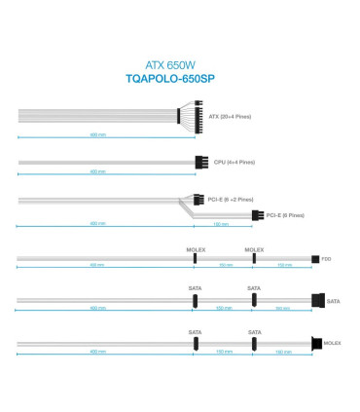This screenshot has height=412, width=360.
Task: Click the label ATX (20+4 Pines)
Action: (230, 117)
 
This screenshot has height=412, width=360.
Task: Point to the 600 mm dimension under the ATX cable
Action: (97, 134)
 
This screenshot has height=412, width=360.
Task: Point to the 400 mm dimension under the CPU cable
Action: (97, 171)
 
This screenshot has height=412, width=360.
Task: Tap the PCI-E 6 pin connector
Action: (257, 215)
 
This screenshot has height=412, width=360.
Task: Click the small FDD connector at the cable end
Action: (314, 259)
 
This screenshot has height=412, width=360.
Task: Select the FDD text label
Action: (327, 259)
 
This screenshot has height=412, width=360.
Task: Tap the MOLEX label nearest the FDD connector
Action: (253, 249)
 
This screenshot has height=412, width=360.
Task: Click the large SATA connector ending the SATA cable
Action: (317, 301)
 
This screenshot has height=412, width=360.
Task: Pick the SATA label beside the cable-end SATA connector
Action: (333, 302)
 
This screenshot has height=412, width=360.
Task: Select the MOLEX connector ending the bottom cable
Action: (316, 342)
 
